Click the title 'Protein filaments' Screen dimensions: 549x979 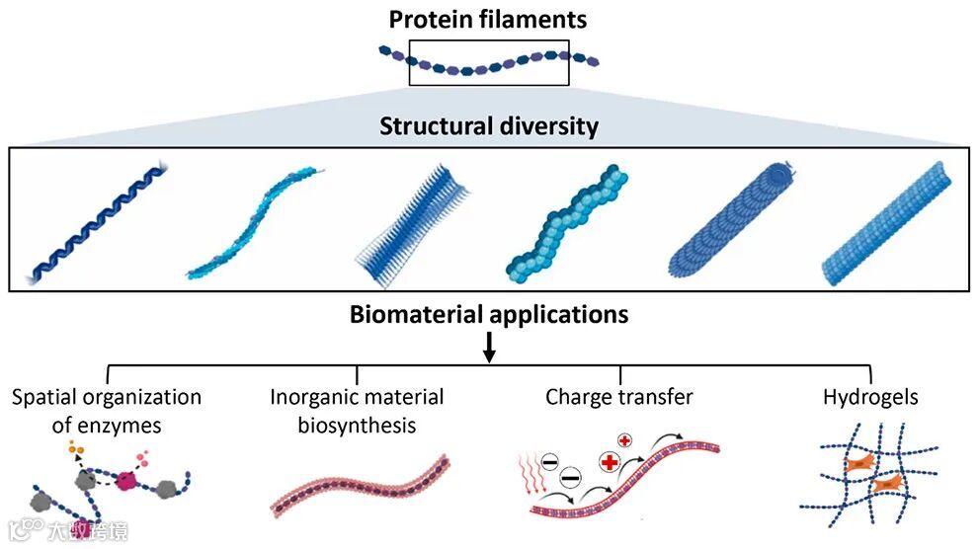coord(488,19)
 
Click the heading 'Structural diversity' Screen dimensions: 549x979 coord(488,126)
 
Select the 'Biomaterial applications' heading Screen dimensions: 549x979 coord(488,315)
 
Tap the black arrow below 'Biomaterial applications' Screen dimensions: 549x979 coord(489,347)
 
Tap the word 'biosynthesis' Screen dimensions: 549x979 coord(357,426)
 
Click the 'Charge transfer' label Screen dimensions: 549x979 coord(619,397)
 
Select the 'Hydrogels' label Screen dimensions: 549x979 coord(870,397)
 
